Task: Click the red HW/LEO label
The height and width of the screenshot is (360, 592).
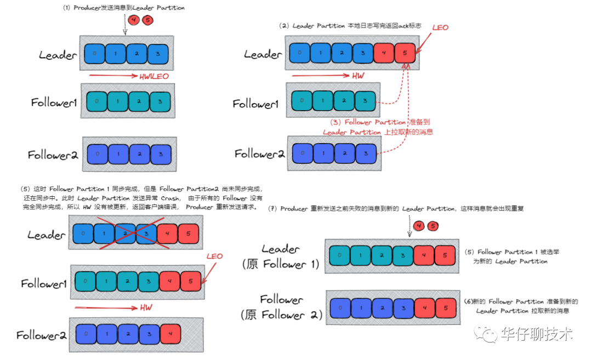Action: (x=154, y=77)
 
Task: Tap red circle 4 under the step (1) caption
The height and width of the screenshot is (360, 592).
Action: (x=134, y=20)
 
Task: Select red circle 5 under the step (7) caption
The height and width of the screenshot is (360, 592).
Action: (x=433, y=226)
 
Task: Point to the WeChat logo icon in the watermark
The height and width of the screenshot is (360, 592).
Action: (x=485, y=333)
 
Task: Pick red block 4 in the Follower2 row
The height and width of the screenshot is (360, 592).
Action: (x=170, y=332)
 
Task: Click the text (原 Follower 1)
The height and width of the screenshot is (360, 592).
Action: (x=280, y=265)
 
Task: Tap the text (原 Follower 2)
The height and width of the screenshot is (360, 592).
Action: (x=281, y=315)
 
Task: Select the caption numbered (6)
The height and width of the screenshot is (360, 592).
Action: (x=521, y=306)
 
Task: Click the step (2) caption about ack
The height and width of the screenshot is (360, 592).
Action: (x=350, y=26)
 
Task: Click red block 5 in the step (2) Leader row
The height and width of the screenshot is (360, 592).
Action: (x=405, y=53)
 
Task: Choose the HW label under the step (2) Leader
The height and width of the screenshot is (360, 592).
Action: (x=357, y=76)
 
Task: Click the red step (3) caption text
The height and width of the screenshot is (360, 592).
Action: (x=378, y=127)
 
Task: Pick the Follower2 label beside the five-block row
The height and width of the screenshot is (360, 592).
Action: (x=41, y=335)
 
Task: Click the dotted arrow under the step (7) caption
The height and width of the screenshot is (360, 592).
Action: (x=409, y=228)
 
